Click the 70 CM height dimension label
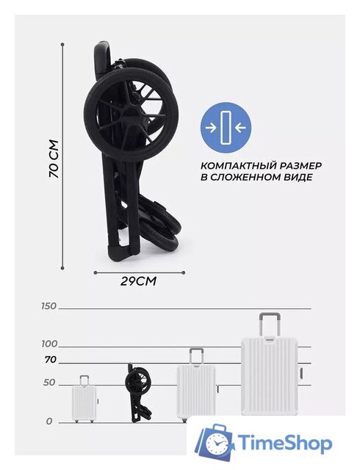point(54,159)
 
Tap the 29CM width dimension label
point(138,281)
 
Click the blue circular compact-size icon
point(226,127)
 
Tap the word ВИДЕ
point(298,177)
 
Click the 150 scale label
point(49,306)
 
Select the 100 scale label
point(49,344)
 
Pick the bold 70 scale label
point(51,360)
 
